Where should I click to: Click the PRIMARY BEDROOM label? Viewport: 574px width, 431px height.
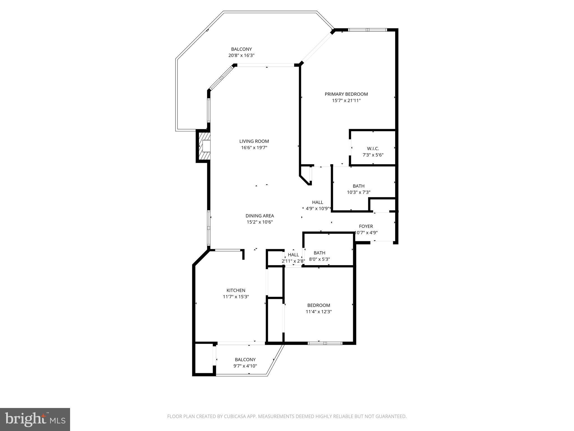pyautogui.click(x=346, y=94)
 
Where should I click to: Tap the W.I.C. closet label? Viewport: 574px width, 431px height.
pyautogui.click(x=373, y=149)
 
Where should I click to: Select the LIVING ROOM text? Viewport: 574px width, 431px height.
pyautogui.click(x=254, y=141)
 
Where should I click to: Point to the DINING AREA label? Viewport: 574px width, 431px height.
pyautogui.click(x=260, y=216)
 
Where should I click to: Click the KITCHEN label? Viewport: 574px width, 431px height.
pyautogui.click(x=236, y=290)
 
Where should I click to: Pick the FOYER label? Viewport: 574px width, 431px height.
pyautogui.click(x=366, y=226)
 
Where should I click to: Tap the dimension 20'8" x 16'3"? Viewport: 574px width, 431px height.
pyautogui.click(x=241, y=56)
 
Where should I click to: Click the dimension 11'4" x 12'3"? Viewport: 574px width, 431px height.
pyautogui.click(x=319, y=311)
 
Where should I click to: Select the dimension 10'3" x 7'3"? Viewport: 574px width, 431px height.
pyautogui.click(x=358, y=192)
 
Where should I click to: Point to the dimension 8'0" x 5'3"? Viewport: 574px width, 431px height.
pyautogui.click(x=319, y=259)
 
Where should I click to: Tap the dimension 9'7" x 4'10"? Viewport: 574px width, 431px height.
pyautogui.click(x=245, y=366)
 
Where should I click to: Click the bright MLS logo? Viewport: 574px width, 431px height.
pyautogui.click(x=35, y=419)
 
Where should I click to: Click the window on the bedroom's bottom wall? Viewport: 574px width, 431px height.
pyautogui.click(x=325, y=343)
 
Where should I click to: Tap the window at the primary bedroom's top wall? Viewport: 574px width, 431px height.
pyautogui.click(x=367, y=30)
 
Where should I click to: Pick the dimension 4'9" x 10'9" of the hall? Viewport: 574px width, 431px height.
pyautogui.click(x=317, y=208)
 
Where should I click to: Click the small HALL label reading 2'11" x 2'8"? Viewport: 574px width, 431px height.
pyautogui.click(x=293, y=255)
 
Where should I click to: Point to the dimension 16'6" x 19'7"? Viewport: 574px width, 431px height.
pyautogui.click(x=254, y=148)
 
